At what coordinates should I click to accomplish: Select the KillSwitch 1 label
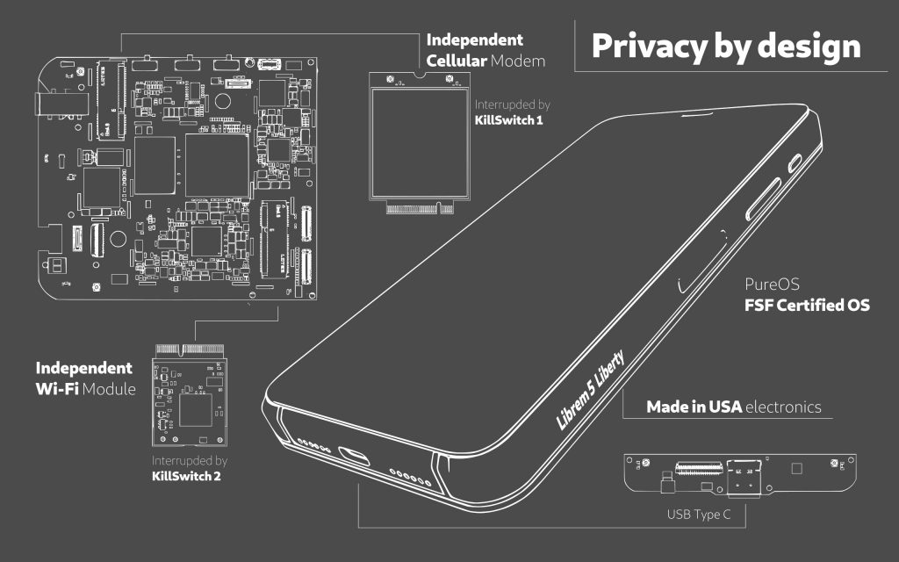point(508,119)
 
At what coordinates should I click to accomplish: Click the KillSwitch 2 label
point(186,476)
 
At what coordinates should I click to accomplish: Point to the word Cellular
point(457,61)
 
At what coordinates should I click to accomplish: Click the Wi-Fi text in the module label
point(58,387)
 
